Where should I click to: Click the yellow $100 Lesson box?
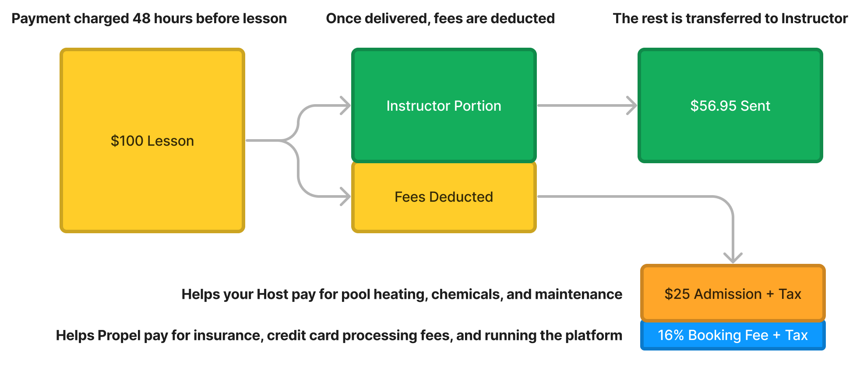coord(152,140)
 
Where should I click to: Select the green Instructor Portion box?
coord(444,105)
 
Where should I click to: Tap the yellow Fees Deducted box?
coord(444,196)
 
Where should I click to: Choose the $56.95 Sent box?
coord(730,105)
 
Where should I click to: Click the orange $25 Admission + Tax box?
coord(733,294)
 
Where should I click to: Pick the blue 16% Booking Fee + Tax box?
coord(733,335)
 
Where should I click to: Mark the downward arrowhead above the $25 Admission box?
coord(733,258)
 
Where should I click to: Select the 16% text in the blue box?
coord(670,335)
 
